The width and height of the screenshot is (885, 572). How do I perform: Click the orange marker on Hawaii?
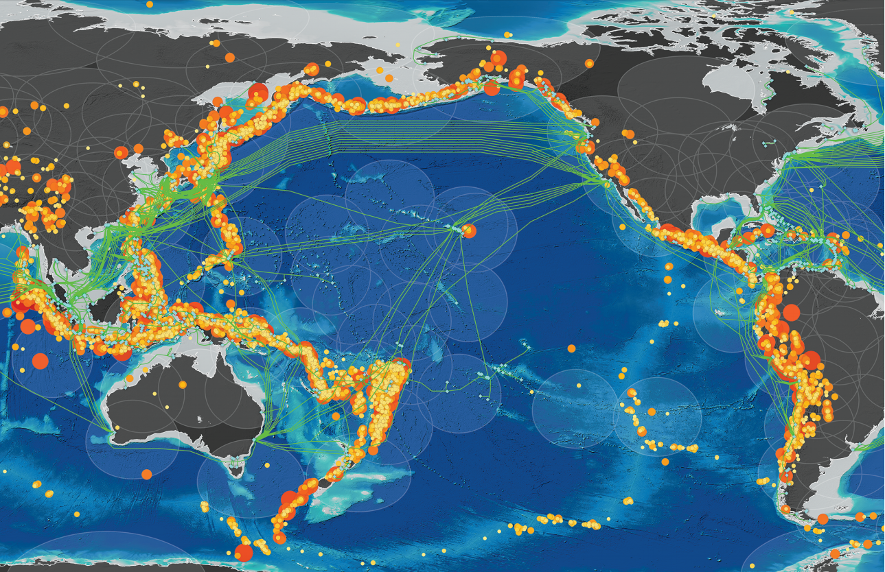(470, 231)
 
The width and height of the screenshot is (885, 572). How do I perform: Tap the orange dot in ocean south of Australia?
(146, 474)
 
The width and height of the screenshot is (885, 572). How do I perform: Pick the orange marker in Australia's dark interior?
(182, 385)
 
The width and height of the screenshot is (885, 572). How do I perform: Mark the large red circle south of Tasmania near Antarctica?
(244, 553)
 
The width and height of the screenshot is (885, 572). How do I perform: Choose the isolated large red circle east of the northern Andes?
(791, 313)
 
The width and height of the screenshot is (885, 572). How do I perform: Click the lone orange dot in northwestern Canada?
(589, 63)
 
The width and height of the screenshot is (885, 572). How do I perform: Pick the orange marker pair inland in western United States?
(628, 134)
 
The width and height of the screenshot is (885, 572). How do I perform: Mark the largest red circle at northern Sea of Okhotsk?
(258, 92)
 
